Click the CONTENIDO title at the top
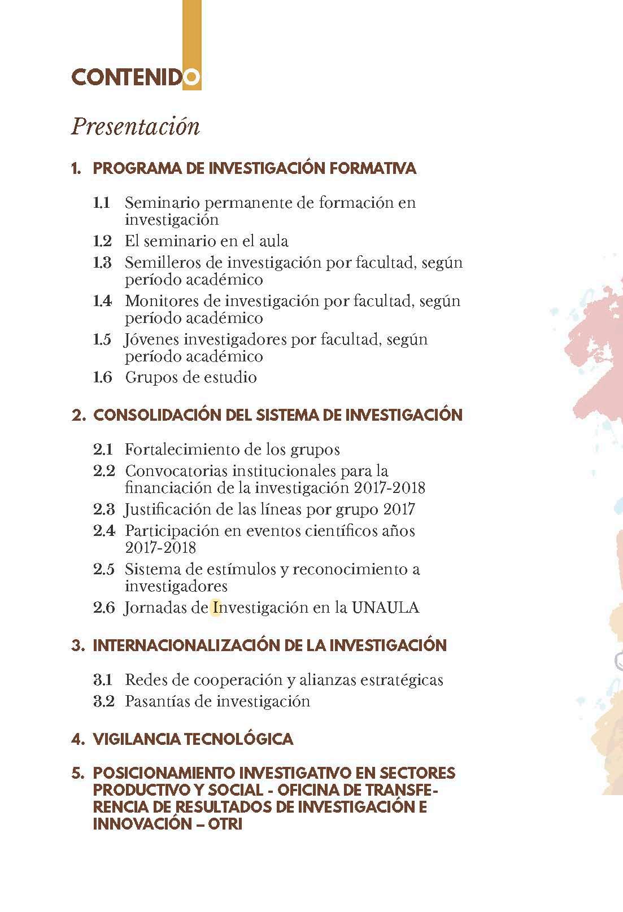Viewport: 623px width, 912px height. [135, 78]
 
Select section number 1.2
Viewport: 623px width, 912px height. [102, 241]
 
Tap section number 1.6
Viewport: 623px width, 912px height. [102, 377]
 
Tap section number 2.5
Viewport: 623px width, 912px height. [103, 569]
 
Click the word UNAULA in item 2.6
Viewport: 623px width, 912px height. [385, 608]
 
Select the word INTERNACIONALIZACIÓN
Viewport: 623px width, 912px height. [186, 645]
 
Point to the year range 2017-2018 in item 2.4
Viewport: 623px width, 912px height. [160, 547]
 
